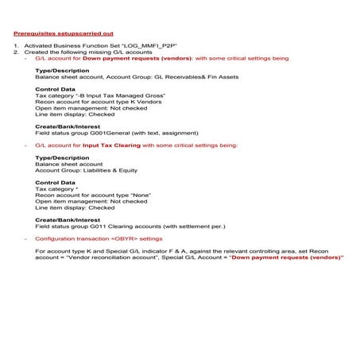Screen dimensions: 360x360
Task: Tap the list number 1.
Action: (x=15, y=46)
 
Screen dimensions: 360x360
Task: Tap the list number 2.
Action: (x=15, y=52)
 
